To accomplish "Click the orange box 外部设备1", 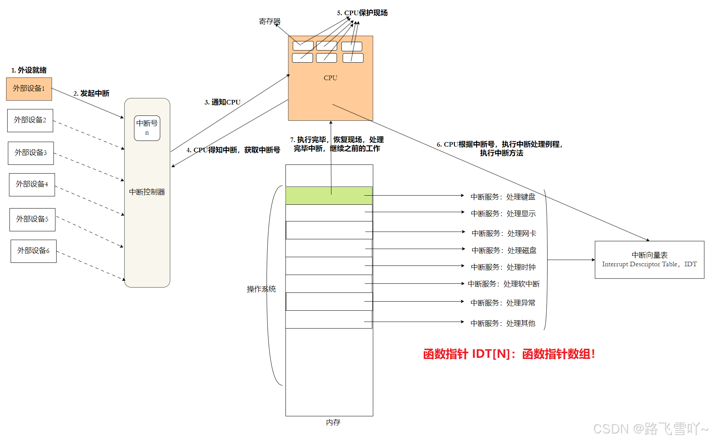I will (29, 89).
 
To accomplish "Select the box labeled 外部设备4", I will (32, 185).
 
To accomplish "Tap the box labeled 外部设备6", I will (33, 251).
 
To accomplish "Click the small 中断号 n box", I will (147, 128).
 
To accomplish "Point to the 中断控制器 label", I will (147, 192).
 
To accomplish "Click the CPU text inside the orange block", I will (330, 78).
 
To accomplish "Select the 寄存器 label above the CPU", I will (270, 22).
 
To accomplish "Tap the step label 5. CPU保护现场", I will (362, 13).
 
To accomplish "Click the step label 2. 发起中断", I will (91, 93).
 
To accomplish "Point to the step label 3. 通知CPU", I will (222, 102).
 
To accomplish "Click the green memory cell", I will (329, 196).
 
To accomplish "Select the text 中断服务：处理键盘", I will (503, 197).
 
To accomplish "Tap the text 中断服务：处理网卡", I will (504, 233).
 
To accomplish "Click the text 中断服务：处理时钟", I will (503, 267).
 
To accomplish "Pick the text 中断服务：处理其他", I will (503, 323).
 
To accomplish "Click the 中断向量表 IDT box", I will (649, 260).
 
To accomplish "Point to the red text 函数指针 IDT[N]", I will (509, 354).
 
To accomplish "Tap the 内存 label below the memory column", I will (333, 422).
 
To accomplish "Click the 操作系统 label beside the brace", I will (261, 289).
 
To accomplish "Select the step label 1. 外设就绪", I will (29, 70).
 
